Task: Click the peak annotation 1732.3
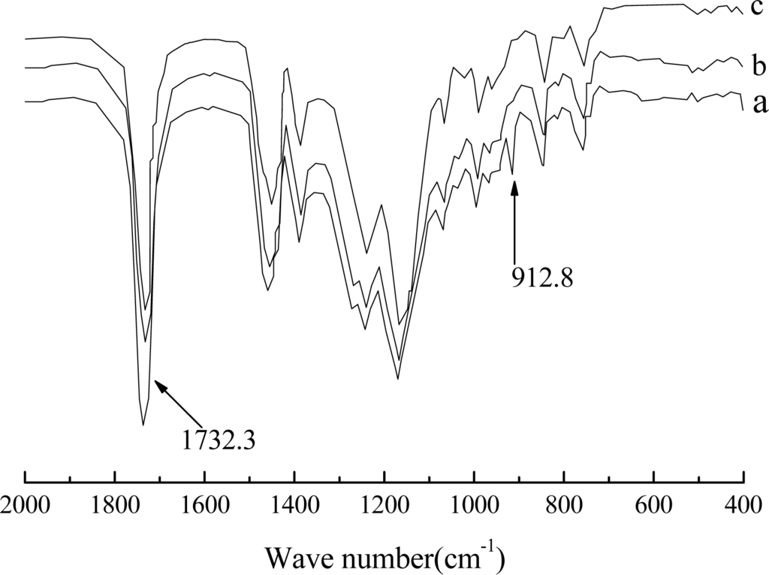coord(219,438)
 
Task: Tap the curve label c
coord(759,8)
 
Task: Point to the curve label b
coord(759,60)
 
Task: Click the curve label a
coord(759,103)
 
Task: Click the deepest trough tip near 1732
coord(143,425)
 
